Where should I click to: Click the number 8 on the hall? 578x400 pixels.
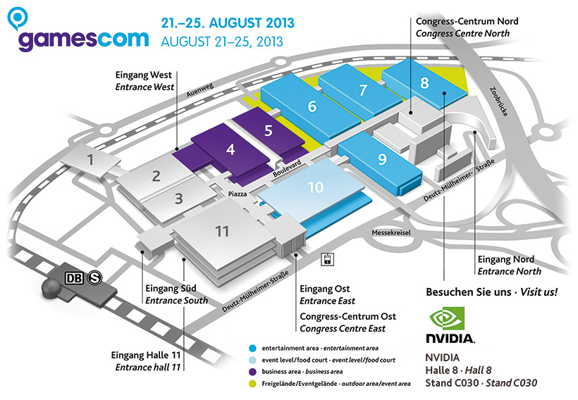pos(424,82)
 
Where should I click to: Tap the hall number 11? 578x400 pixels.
pos(223,231)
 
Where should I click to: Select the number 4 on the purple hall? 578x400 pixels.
pos(230,149)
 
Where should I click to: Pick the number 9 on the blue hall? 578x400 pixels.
pos(382,159)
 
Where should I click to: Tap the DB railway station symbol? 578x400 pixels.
pos(73,278)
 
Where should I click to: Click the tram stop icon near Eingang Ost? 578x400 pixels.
pos(327,258)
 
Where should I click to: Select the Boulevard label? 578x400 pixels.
pos(287,169)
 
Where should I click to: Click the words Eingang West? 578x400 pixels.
pos(144,75)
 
